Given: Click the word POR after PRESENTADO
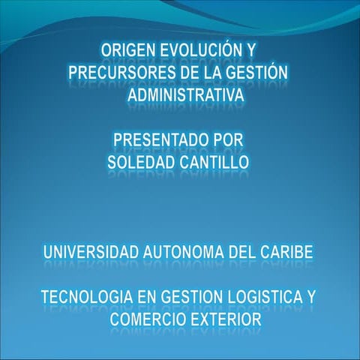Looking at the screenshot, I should coord(224,139).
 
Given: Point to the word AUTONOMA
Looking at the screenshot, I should coord(181,251).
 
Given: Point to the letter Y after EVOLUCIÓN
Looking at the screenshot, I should coord(251,50).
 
